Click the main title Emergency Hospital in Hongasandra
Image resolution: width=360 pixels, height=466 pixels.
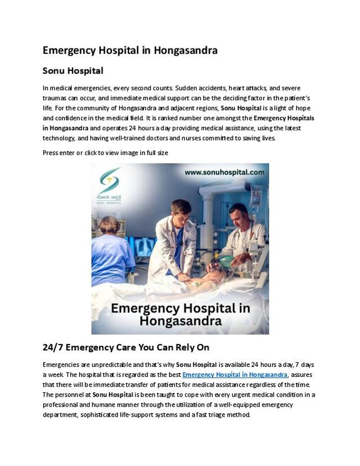click(x=130, y=50)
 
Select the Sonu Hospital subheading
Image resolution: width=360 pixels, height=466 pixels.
click(x=73, y=71)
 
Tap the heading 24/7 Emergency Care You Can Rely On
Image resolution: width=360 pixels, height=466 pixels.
click(x=126, y=347)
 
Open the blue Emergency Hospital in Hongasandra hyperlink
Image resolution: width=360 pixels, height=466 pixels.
click(x=235, y=375)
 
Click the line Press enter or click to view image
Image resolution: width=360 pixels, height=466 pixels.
click(x=105, y=152)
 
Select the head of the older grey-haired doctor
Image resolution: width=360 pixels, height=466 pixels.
click(x=239, y=213)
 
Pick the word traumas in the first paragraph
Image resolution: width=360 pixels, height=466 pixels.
click(x=55, y=98)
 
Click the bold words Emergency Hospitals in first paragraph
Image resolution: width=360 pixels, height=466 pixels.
click(x=284, y=118)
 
